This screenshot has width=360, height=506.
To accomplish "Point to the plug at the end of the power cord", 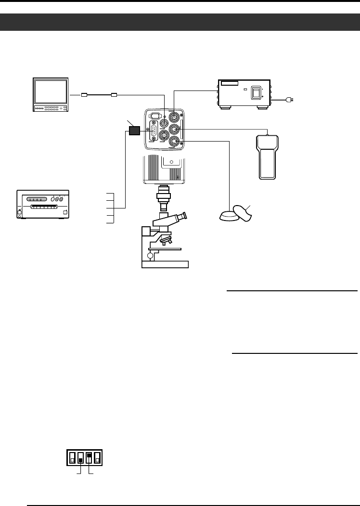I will point(290,100).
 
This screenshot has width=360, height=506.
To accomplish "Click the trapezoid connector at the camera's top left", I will point(155,116).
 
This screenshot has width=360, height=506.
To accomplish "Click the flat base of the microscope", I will point(165,264).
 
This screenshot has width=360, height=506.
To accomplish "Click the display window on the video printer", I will point(37,199).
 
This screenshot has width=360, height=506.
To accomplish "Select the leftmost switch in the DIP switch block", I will point(72,457).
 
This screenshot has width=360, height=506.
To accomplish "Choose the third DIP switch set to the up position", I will point(89,457).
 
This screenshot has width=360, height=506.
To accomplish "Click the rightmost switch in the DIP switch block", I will point(97,457).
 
